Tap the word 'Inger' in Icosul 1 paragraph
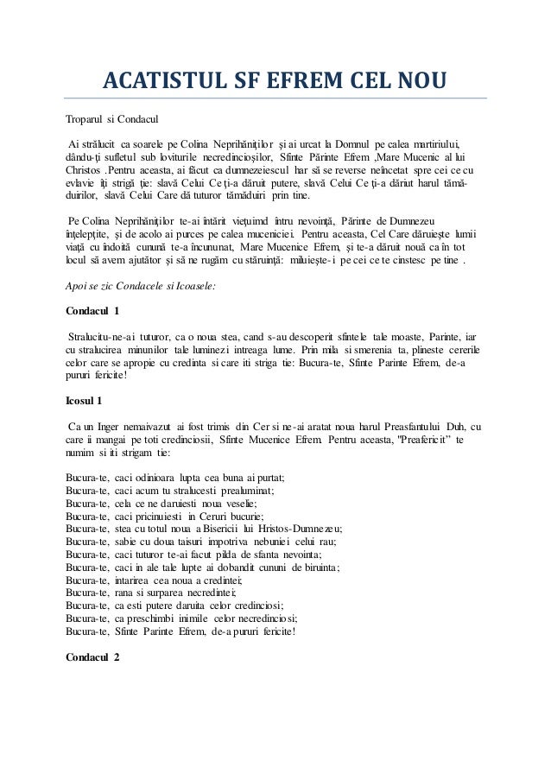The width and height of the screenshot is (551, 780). pos(108,426)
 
